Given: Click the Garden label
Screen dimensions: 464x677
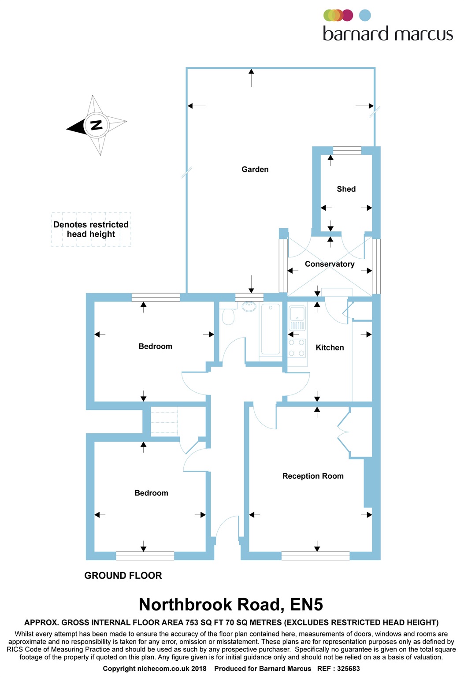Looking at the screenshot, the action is (255, 169).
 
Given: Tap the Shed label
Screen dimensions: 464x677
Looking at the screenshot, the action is (346, 189).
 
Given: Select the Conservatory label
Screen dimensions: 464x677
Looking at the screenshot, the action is (330, 264).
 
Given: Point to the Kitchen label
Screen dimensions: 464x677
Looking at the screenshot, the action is (330, 348).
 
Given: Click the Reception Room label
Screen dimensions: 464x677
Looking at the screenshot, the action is (313, 476).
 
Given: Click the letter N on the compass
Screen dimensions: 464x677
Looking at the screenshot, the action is (96, 125).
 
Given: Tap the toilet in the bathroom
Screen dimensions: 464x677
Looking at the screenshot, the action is (228, 316).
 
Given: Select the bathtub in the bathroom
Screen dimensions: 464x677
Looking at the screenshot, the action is (271, 329).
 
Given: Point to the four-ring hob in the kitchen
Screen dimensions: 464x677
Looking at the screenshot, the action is (297, 348).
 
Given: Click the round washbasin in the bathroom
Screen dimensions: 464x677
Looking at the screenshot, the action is (249, 307).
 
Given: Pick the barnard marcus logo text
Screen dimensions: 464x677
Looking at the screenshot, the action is (388, 34).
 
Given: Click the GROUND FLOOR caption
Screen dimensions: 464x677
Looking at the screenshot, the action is (123, 576).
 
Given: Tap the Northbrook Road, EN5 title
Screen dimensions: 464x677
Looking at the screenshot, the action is (231, 605).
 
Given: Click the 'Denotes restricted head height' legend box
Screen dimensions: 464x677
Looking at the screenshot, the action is (91, 229).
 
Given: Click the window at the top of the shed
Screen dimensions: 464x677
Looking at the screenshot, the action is (347, 151).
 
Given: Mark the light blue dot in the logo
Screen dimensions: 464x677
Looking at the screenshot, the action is (365, 15).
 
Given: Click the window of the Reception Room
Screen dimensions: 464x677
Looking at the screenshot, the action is (316, 556).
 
